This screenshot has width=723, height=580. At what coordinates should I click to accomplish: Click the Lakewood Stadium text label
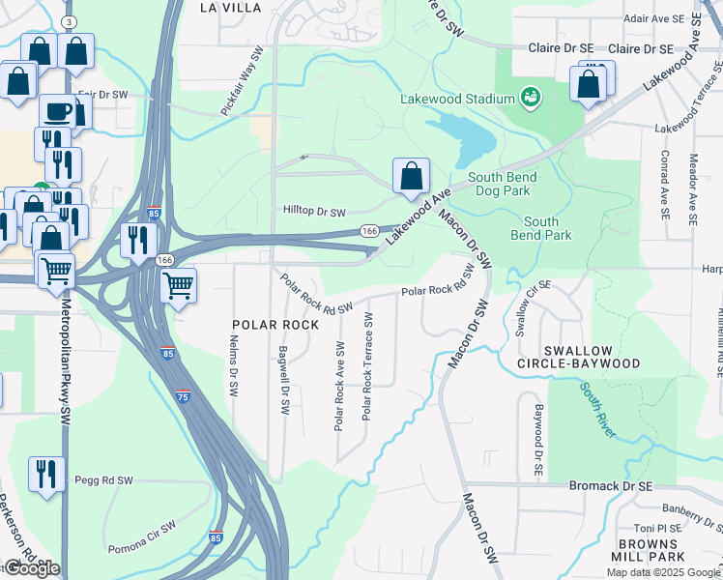pos(458,98)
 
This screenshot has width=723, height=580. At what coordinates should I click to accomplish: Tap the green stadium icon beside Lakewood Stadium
pos(529,97)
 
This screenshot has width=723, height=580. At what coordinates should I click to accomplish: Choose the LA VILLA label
pos(230,7)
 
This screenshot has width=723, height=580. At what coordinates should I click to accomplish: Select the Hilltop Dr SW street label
pos(314,211)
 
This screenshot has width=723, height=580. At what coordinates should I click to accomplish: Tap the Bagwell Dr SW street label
pos(284,381)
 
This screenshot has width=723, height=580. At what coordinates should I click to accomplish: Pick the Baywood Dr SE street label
pos(538,436)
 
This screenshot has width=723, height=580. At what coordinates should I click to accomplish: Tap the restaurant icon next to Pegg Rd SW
pos(46,474)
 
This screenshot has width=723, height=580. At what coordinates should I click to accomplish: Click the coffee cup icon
pos(58,111)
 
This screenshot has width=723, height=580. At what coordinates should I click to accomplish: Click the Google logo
pos(32,568)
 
